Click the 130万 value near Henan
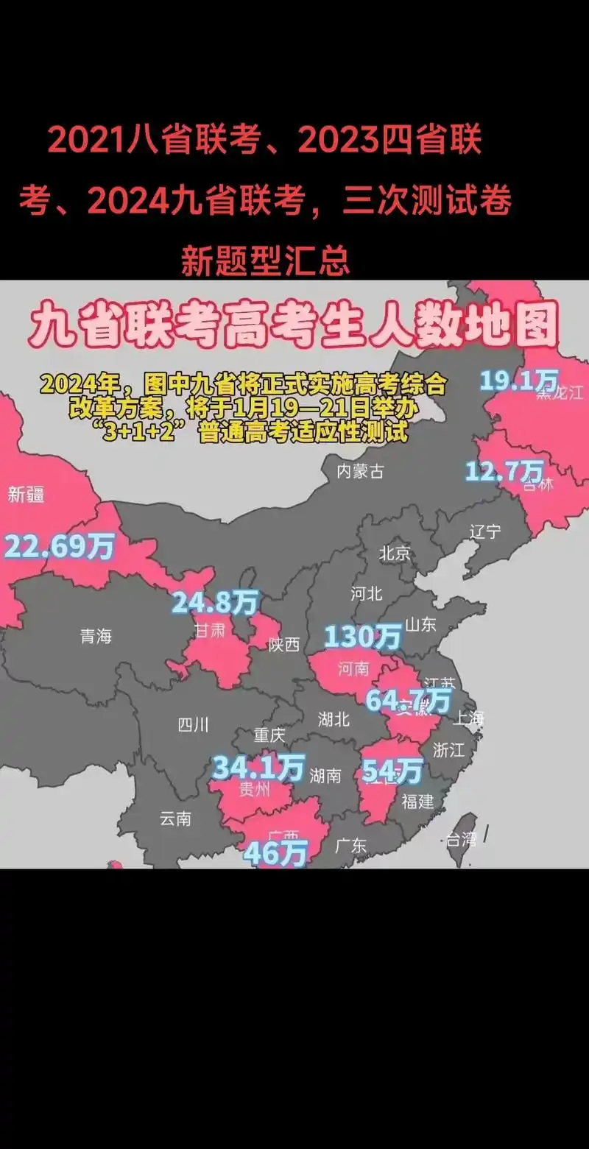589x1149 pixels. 363,635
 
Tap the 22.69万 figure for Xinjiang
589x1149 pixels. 59,547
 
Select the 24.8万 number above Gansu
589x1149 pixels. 214,603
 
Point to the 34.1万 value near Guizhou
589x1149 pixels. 258,768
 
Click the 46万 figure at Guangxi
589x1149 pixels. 275,852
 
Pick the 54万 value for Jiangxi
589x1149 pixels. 392,771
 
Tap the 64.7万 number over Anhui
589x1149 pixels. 408,699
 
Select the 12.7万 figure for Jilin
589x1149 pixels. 504,470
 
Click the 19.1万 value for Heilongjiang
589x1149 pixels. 518,380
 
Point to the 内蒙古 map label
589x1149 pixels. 360,472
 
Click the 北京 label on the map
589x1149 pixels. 395,554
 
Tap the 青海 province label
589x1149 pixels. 96,636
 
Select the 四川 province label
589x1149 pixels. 193,725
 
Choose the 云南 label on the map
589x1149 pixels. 175,818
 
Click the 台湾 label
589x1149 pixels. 461,838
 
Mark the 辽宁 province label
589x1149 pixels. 485,531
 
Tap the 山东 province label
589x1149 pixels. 420,624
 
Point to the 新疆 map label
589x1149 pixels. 26,495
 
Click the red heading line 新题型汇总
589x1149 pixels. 265,260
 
